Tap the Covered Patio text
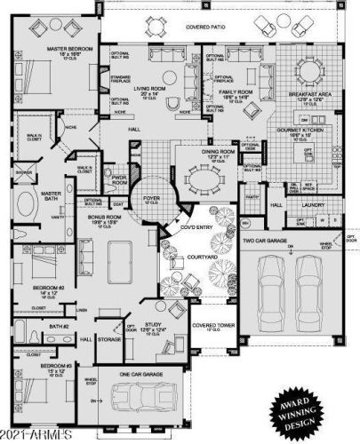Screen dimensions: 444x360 click(x=204, y=28)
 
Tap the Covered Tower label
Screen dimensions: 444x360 click(x=212, y=326)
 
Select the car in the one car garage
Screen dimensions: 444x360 click(x=140, y=397)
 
